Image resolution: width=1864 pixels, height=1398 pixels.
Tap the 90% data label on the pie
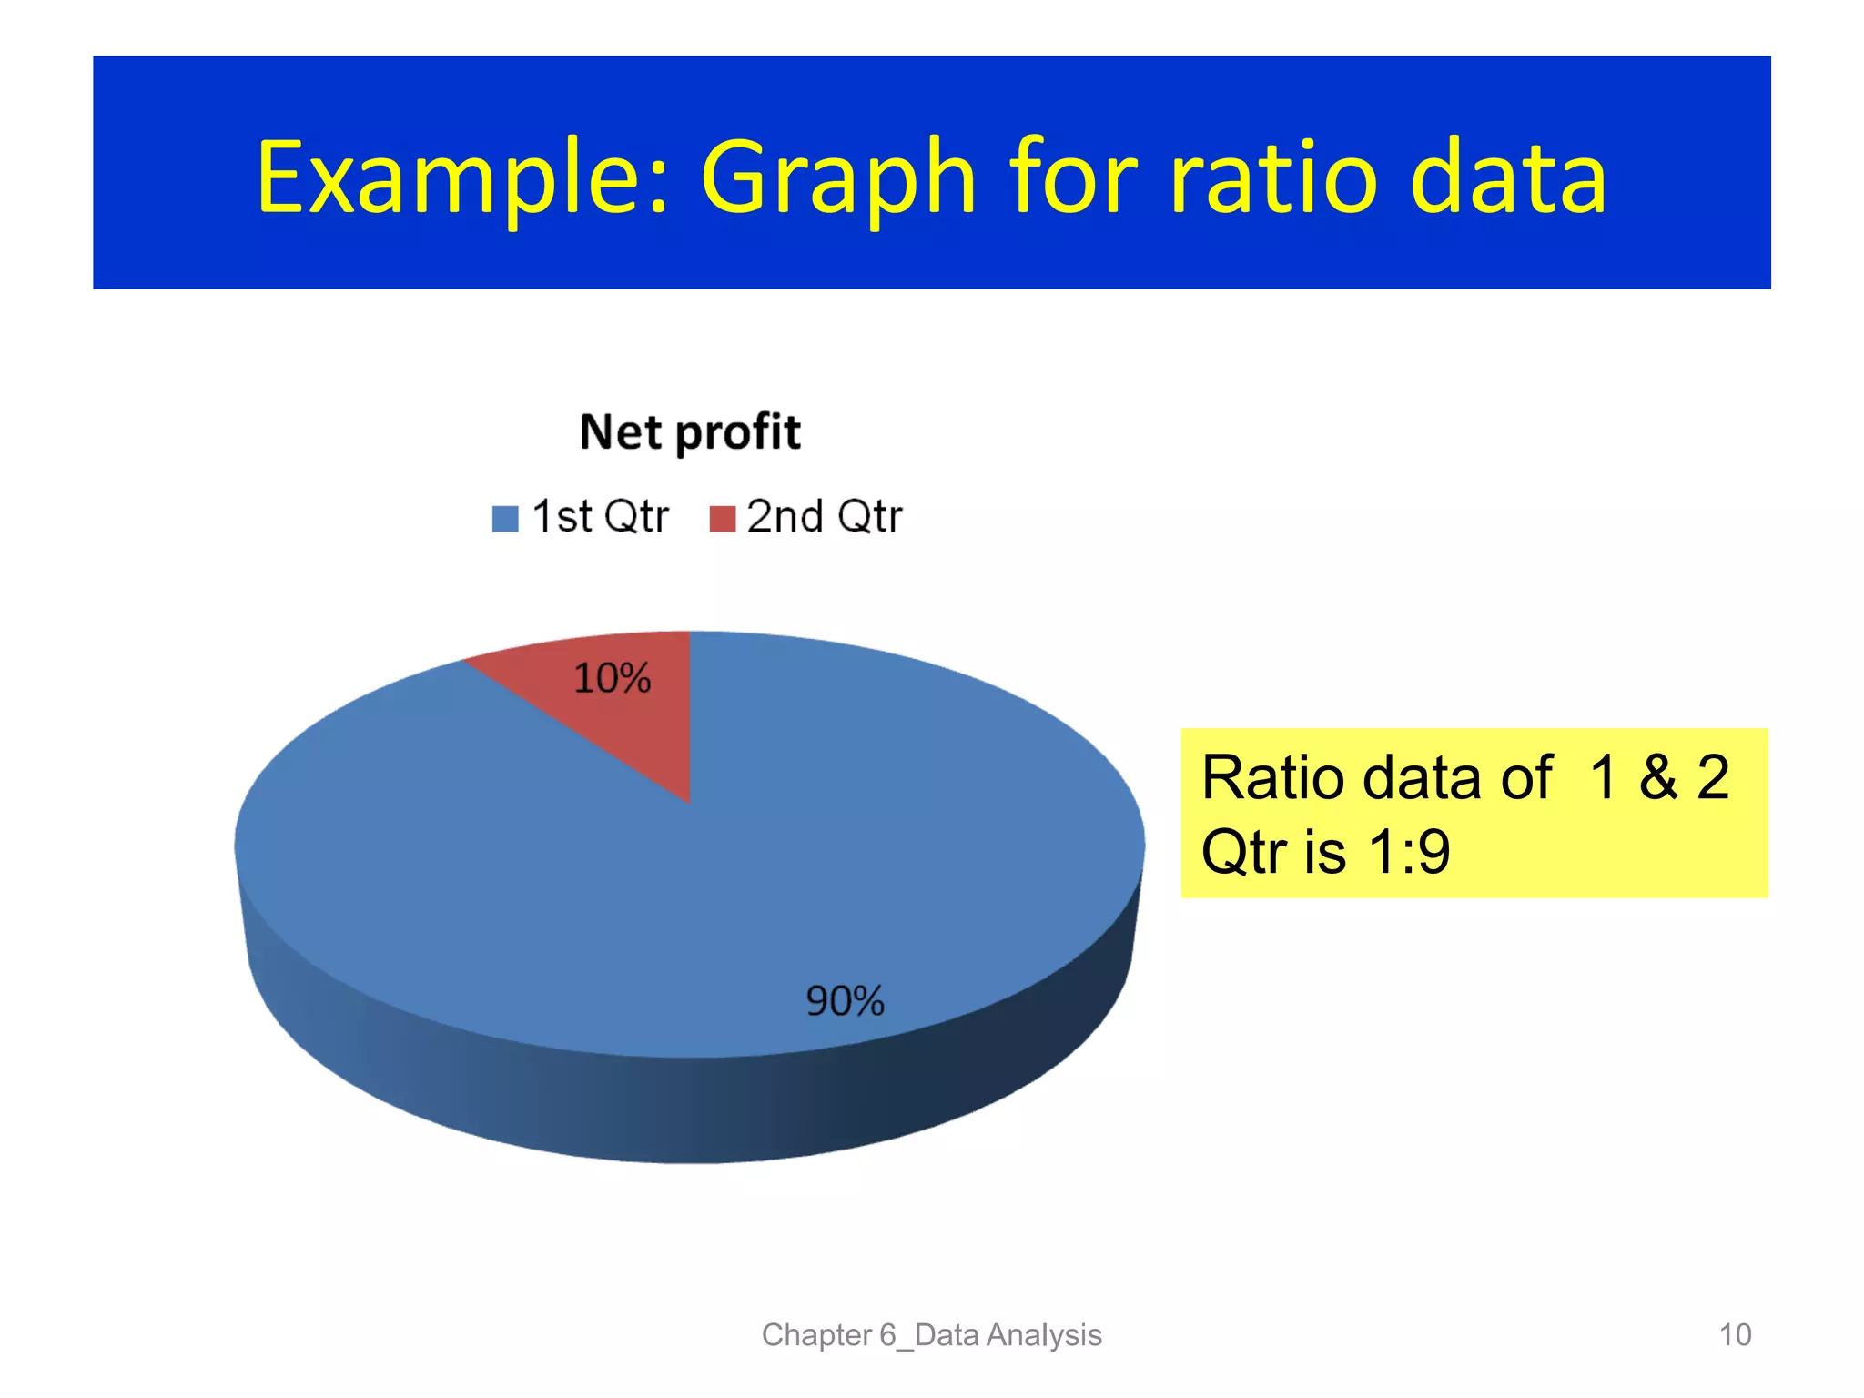(845, 1001)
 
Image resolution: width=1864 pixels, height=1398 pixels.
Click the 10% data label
(612, 678)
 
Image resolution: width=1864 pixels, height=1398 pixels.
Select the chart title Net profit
(690, 431)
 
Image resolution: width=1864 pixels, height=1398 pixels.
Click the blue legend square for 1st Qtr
(505, 519)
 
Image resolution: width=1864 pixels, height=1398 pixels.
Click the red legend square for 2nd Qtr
(722, 519)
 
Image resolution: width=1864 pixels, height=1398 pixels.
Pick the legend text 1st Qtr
(600, 517)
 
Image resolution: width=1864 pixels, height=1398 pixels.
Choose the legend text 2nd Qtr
(824, 517)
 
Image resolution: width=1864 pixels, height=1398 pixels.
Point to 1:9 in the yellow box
(1409, 852)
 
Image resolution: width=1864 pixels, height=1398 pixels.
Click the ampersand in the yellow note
(1658, 778)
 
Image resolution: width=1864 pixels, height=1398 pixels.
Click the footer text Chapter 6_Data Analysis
(931, 1335)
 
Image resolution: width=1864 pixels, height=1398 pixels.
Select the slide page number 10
(1735, 1335)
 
